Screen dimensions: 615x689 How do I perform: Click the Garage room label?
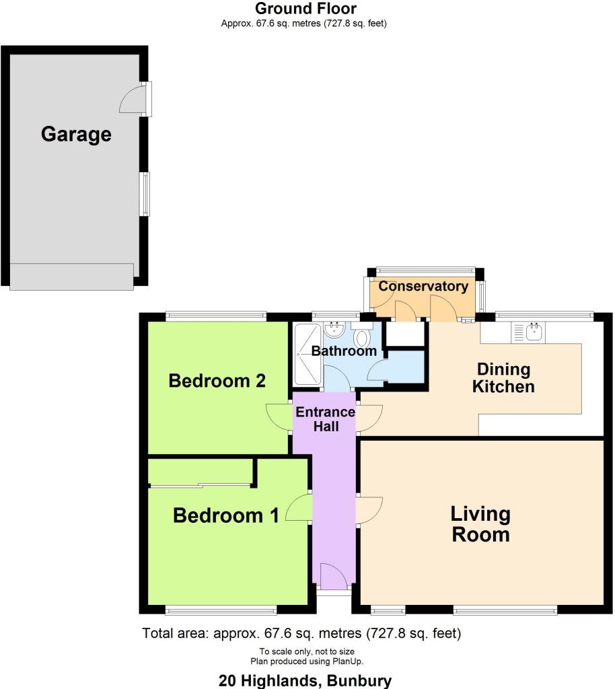coord(76,135)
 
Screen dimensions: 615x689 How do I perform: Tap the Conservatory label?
coord(423,286)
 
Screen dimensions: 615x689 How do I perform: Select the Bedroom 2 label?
coord(217,381)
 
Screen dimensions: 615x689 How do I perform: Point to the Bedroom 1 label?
coord(226,515)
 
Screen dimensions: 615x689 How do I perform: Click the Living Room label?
coord(480,524)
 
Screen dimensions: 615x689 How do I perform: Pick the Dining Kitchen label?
coord(503,378)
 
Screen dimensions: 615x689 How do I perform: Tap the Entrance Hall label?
coord(326,419)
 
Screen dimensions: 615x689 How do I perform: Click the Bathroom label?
coord(344,351)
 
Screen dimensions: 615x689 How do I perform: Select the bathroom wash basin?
coord(334,330)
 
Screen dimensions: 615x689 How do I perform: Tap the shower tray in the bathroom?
coord(308,354)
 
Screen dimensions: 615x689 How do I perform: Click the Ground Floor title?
coord(305,8)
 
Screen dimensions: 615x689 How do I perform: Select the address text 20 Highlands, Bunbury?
coord(305,681)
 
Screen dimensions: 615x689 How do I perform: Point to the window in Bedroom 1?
coord(221,610)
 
